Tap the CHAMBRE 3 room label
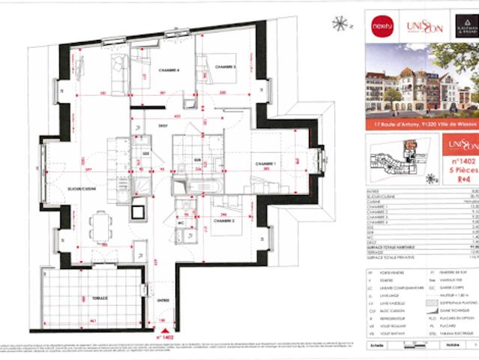tap(225, 67)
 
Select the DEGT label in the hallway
tap(162, 127)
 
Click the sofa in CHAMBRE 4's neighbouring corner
tap(118, 69)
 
